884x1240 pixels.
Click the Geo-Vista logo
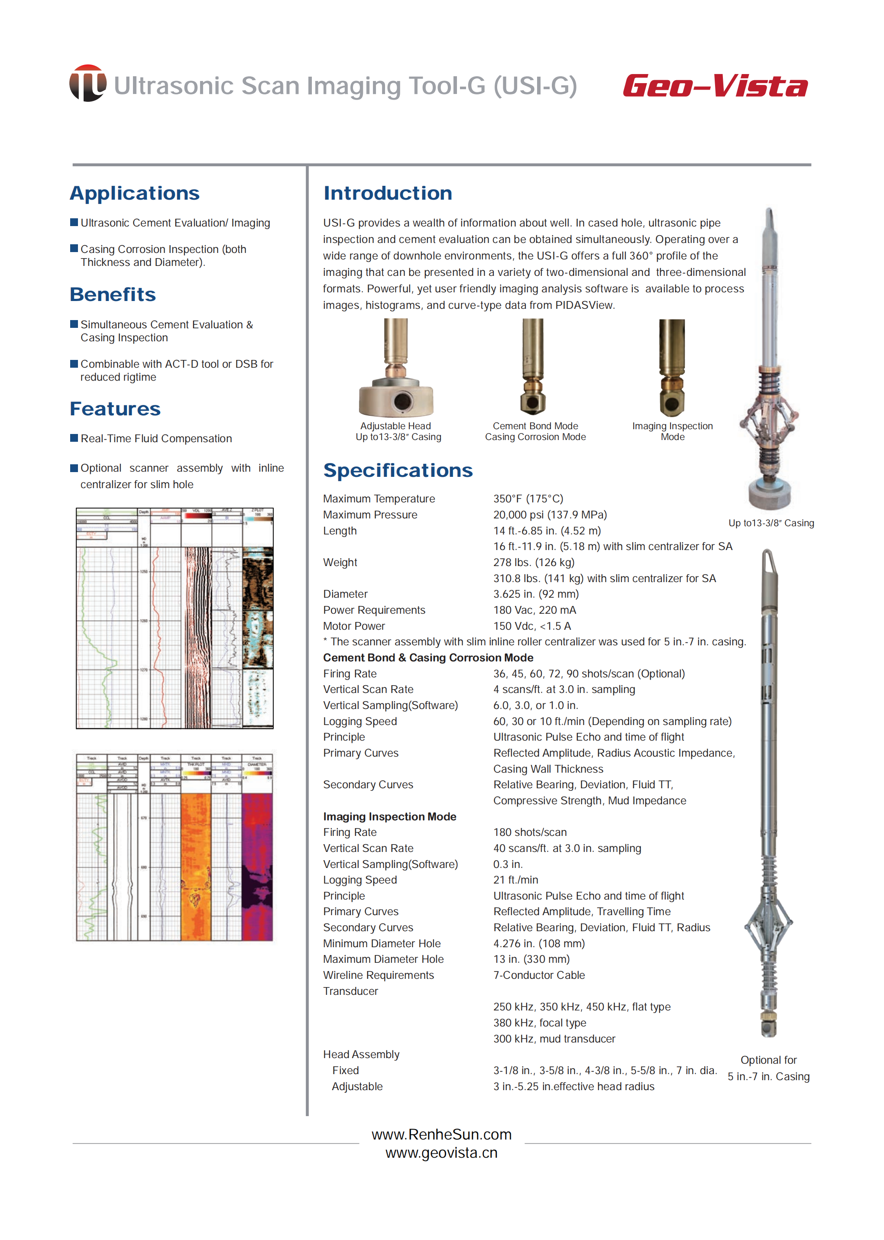(715, 86)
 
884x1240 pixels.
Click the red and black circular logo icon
(87, 83)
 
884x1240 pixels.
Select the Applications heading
(134, 193)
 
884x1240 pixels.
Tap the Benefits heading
(113, 295)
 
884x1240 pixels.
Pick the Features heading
(115, 409)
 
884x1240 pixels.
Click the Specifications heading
(398, 470)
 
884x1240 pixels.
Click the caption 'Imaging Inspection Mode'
(672, 431)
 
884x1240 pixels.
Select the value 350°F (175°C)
(528, 499)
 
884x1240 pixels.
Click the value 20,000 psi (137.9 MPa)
(550, 515)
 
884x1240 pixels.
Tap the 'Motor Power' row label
(354, 626)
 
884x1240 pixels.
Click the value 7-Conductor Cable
(539, 975)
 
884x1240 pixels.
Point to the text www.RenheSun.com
(441, 1134)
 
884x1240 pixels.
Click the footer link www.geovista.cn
(441, 1153)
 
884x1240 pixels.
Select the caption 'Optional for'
(768, 1060)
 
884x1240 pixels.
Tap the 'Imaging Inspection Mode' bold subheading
(389, 816)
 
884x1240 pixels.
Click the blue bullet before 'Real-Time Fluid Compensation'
(74, 438)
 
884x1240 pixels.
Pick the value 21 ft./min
(515, 880)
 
